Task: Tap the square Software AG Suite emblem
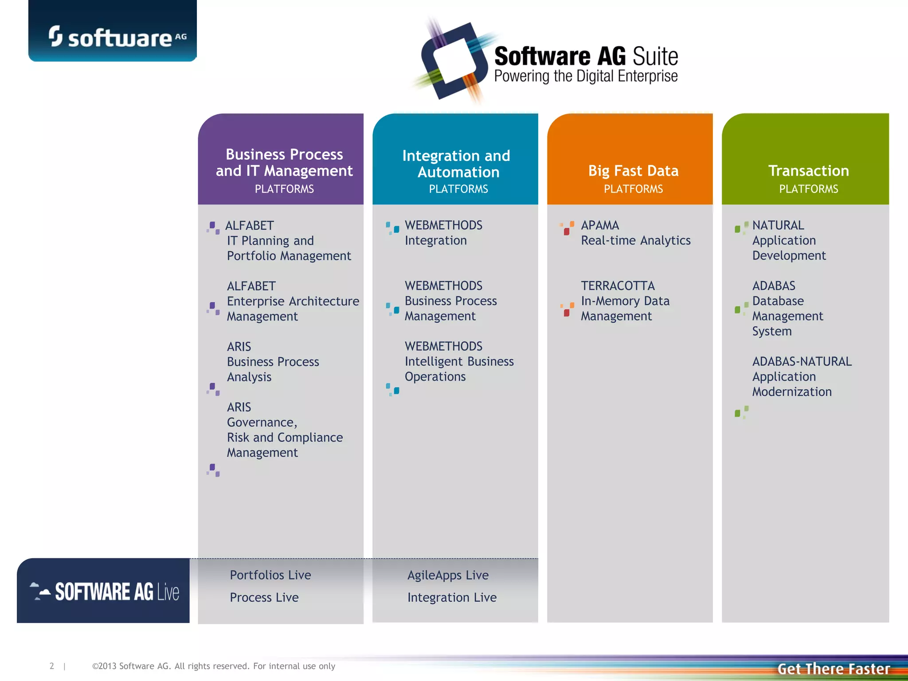[454, 61]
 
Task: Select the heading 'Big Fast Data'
[633, 171]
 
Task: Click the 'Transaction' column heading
[808, 171]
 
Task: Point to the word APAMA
[600, 225]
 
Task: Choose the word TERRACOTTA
[618, 286]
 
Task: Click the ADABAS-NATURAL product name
[802, 361]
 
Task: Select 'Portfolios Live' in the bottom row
[270, 575]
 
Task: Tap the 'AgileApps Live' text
[448, 575]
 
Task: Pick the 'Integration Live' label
[452, 598]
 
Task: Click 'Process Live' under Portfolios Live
[264, 598]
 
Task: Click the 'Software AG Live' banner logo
[104, 591]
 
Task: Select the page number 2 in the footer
[52, 666]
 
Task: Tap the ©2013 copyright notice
[213, 666]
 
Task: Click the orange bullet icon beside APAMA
[567, 228]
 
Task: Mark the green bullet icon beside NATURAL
[741, 227]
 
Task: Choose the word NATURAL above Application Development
[778, 225]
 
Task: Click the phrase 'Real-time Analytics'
[636, 240]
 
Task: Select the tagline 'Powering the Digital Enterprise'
[586, 76]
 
